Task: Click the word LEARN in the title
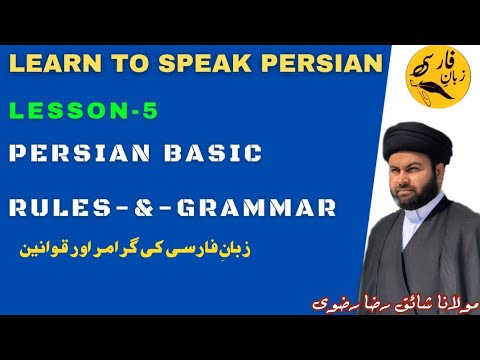[53, 63]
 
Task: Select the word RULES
[59, 208]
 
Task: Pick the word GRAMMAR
[263, 208]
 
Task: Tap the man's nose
[416, 177]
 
